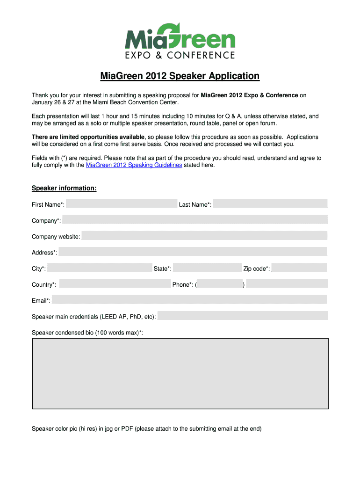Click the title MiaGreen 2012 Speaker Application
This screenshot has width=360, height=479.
[x=180, y=76]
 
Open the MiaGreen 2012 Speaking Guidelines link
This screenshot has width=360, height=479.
[x=134, y=165]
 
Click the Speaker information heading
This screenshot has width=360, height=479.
[x=64, y=188]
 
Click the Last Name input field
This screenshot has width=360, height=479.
[x=270, y=204]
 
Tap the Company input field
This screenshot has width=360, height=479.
[x=194, y=220]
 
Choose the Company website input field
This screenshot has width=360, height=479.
[x=204, y=236]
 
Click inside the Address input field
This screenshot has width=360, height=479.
[x=193, y=252]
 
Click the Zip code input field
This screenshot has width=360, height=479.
[x=299, y=268]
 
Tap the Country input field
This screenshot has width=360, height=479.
[x=115, y=284]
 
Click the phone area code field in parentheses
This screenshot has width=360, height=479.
[x=220, y=284]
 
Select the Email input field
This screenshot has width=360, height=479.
[x=189, y=300]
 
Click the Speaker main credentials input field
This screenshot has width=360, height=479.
[x=242, y=316]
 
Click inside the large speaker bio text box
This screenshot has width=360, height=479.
[x=180, y=373]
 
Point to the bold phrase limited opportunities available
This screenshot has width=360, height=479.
[x=88, y=137]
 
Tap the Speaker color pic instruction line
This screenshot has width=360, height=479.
[x=146, y=428]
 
